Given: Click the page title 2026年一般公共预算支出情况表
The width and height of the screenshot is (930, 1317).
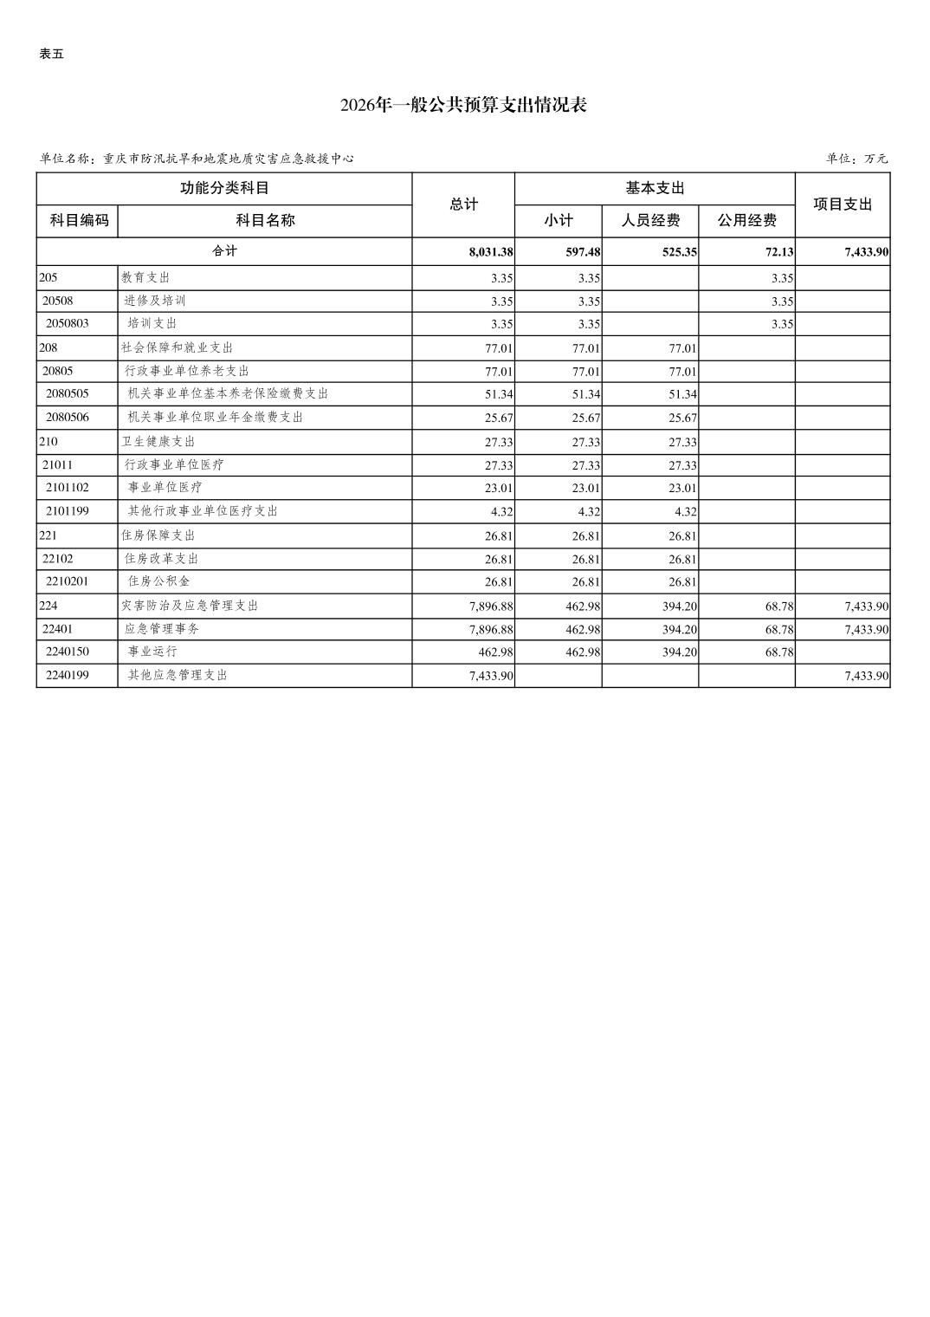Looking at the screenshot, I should (464, 106).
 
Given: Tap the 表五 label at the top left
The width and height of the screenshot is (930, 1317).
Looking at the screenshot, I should (52, 54).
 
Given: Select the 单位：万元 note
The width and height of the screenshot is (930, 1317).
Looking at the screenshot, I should (856, 159).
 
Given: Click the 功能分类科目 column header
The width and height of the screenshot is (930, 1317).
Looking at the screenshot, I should (224, 188).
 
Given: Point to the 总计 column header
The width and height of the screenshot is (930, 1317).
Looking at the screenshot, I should (463, 204).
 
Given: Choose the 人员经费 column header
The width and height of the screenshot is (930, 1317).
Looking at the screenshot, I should (650, 220).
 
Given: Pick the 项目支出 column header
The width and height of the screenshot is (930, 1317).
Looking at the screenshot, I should (843, 204).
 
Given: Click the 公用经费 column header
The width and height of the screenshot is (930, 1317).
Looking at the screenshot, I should (746, 220).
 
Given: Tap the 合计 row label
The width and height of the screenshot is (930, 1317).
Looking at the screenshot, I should (224, 251).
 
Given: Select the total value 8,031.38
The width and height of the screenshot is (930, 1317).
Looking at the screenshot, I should (491, 252).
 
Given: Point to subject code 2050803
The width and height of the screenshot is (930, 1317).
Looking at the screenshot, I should (68, 324).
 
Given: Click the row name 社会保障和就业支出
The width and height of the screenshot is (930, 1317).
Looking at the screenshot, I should (178, 347).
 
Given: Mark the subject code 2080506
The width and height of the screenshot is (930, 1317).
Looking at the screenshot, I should (68, 418).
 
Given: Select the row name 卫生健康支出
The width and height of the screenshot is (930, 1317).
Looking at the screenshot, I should (158, 441).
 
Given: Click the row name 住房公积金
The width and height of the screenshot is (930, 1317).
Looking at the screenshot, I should (159, 581).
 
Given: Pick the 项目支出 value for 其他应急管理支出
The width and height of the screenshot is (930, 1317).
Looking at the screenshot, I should (867, 676).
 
